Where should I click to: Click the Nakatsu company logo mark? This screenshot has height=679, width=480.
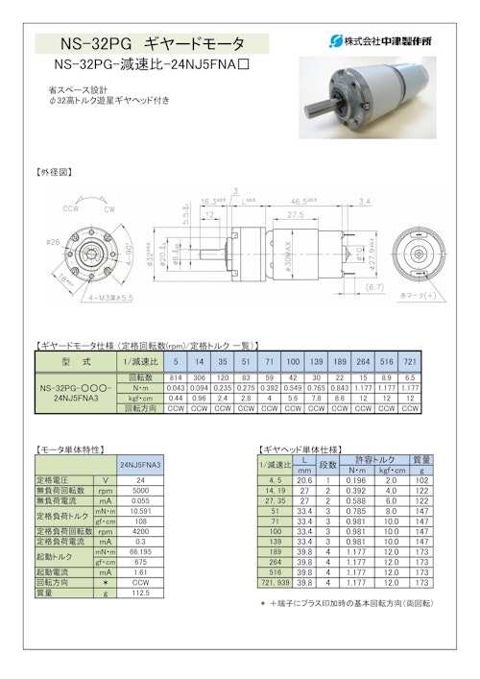(x=335, y=41)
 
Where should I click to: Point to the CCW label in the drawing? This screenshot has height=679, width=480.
(x=70, y=207)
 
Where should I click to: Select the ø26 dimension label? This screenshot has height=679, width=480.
(x=52, y=241)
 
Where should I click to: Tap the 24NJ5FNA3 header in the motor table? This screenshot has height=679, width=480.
(x=141, y=463)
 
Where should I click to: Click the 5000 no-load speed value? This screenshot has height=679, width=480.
(x=140, y=490)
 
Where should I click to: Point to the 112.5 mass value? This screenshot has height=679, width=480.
(x=140, y=592)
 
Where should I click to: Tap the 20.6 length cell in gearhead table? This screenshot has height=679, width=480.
(x=304, y=479)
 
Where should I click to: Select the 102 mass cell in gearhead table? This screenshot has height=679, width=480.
(x=420, y=479)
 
